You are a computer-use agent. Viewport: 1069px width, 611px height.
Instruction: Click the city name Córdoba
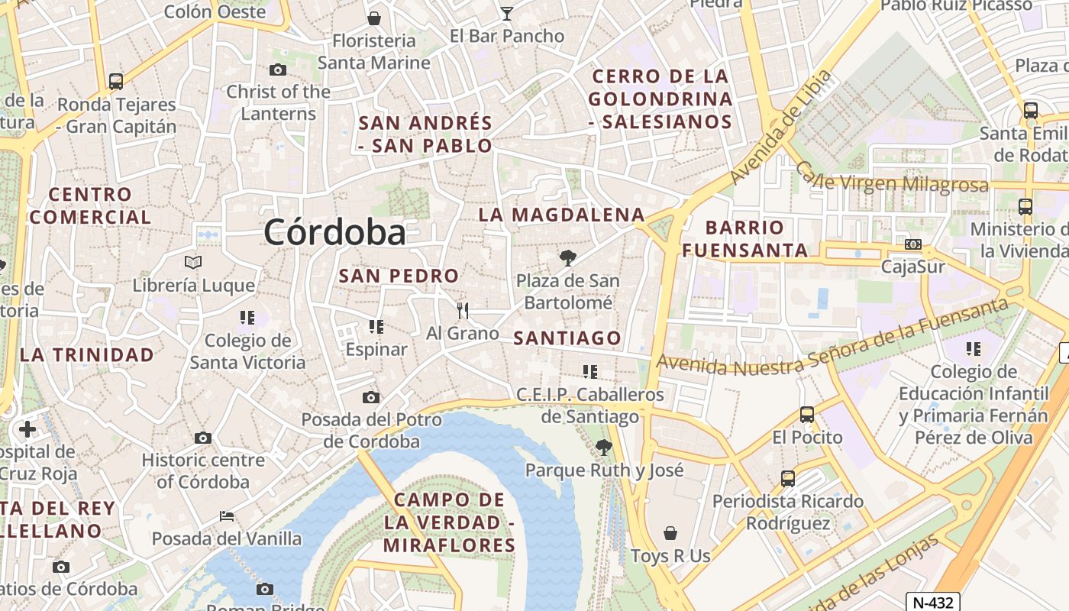point(334,232)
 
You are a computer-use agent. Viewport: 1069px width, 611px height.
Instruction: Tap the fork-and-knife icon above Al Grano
point(462,310)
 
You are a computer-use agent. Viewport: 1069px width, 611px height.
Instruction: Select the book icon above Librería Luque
point(193,263)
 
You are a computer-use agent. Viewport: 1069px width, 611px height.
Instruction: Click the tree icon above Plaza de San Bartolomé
point(567,258)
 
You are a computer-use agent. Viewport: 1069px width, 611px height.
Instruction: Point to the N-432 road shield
point(932,602)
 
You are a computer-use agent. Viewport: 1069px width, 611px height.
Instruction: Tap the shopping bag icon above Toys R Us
point(670,533)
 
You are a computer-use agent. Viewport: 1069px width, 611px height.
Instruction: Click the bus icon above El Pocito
point(806,415)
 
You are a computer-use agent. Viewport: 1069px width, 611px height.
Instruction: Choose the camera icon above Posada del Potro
point(371,397)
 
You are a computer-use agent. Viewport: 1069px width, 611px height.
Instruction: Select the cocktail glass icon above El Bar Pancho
point(506,13)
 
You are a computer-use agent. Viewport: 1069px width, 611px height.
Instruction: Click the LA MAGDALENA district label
point(561,215)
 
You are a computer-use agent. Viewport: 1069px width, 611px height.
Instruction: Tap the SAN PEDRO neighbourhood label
point(399,276)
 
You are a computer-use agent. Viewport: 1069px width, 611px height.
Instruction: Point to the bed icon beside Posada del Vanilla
point(227,516)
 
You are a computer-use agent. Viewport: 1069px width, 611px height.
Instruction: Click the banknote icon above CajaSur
point(912,244)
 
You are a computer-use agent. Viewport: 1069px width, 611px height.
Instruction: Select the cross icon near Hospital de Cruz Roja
point(27,429)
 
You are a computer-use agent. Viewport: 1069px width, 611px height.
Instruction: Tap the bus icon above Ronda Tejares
point(116,81)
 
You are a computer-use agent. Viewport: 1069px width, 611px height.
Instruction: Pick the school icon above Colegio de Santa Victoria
point(247,317)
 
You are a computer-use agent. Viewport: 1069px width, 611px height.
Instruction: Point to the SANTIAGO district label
point(567,338)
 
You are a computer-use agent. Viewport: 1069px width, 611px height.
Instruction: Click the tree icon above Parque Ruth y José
point(603,447)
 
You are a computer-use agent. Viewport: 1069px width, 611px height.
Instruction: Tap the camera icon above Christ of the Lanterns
point(278,70)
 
